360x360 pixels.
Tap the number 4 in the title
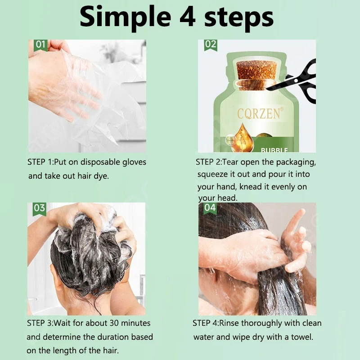click(x=187, y=16)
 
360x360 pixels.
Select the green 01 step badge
click(x=40, y=45)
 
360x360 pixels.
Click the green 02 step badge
click(x=211, y=45)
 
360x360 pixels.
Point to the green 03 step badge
click(x=40, y=209)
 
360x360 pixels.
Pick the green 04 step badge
click(x=210, y=208)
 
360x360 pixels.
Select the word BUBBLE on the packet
click(x=274, y=150)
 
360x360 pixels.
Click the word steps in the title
click(x=239, y=18)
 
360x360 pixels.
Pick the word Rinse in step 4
click(x=229, y=323)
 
